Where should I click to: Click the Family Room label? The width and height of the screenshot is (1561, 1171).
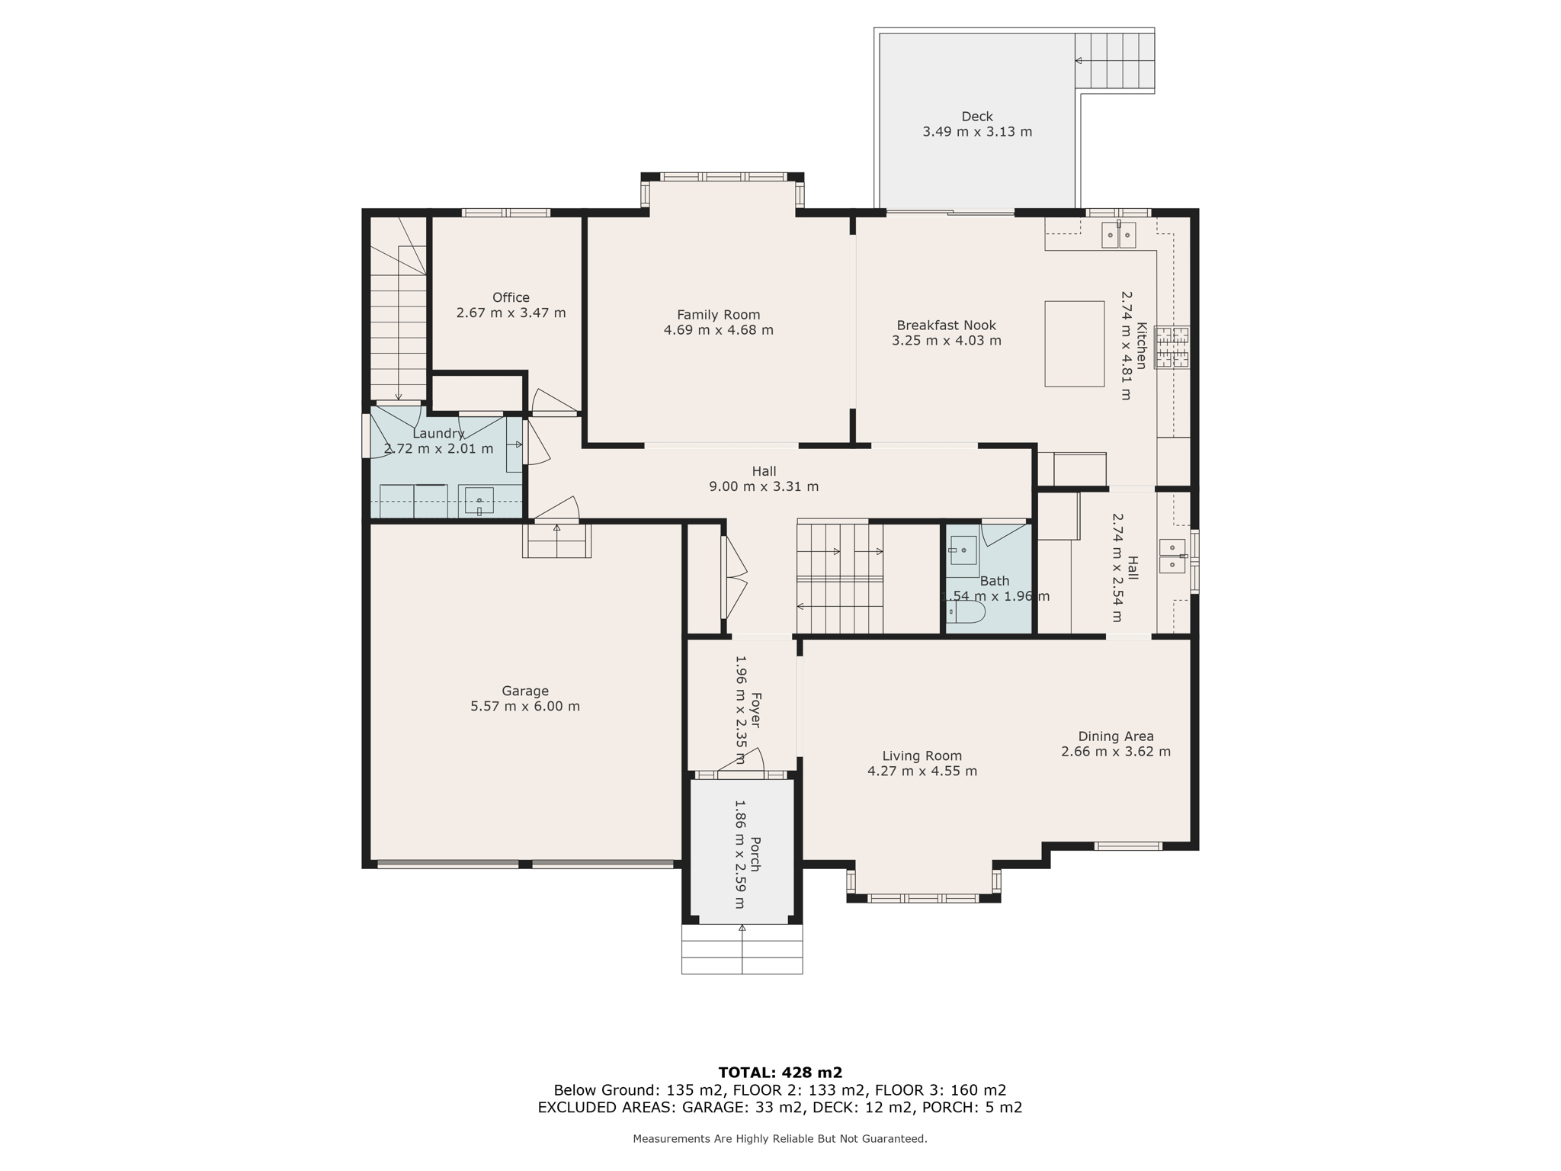click(718, 315)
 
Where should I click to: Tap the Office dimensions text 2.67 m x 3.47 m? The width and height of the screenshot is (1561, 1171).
click(511, 313)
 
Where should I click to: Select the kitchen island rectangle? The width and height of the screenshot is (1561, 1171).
click(1074, 344)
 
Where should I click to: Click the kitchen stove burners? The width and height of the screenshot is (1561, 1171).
click(1172, 348)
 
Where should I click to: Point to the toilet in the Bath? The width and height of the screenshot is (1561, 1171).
click(967, 612)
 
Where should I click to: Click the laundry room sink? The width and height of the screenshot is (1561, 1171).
click(479, 501)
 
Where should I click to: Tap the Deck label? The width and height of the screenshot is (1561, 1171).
click(976, 117)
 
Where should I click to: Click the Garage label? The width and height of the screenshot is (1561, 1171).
click(524, 691)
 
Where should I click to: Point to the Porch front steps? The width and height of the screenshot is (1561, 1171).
click(742, 949)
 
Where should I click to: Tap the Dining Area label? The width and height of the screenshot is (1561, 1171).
click(1115, 736)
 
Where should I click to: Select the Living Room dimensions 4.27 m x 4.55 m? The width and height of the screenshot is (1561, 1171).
click(922, 771)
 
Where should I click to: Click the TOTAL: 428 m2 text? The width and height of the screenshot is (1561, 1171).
click(780, 1073)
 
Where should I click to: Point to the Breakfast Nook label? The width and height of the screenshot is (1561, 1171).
click(946, 326)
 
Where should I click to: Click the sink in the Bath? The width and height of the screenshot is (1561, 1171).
click(963, 550)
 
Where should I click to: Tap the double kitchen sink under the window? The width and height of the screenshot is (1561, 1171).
click(1118, 236)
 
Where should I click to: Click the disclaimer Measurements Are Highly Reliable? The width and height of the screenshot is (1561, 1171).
click(780, 1139)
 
